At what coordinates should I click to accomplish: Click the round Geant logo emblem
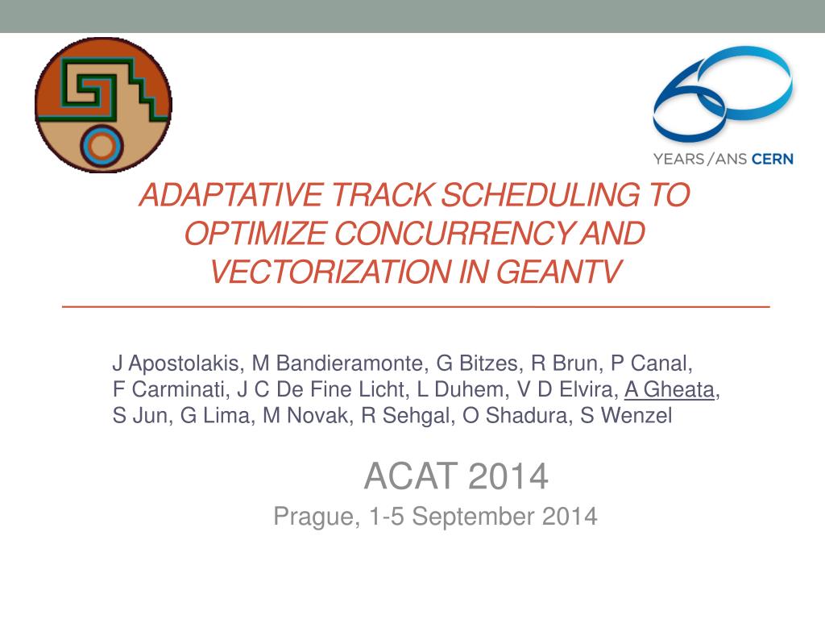pos(103,104)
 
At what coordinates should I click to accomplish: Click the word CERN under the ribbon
pos(773,159)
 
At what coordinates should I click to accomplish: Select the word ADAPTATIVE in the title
pos(231,195)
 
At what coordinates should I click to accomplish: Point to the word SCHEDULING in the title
pos(540,195)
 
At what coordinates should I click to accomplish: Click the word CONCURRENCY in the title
pos(454,233)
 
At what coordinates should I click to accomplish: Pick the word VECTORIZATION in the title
pos(330,272)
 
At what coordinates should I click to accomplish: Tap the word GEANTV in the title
pos(559,272)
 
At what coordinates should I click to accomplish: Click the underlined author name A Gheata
pos(670,389)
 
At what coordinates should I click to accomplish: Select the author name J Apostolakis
pos(177,364)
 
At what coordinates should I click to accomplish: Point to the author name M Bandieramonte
pos(338,364)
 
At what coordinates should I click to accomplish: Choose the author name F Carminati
pos(169,389)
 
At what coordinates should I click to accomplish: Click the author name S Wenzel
pos(626,415)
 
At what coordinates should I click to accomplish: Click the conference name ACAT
pos(410,476)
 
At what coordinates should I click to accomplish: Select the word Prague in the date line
pos(313,517)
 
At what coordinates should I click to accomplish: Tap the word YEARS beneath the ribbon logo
pos(678,159)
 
